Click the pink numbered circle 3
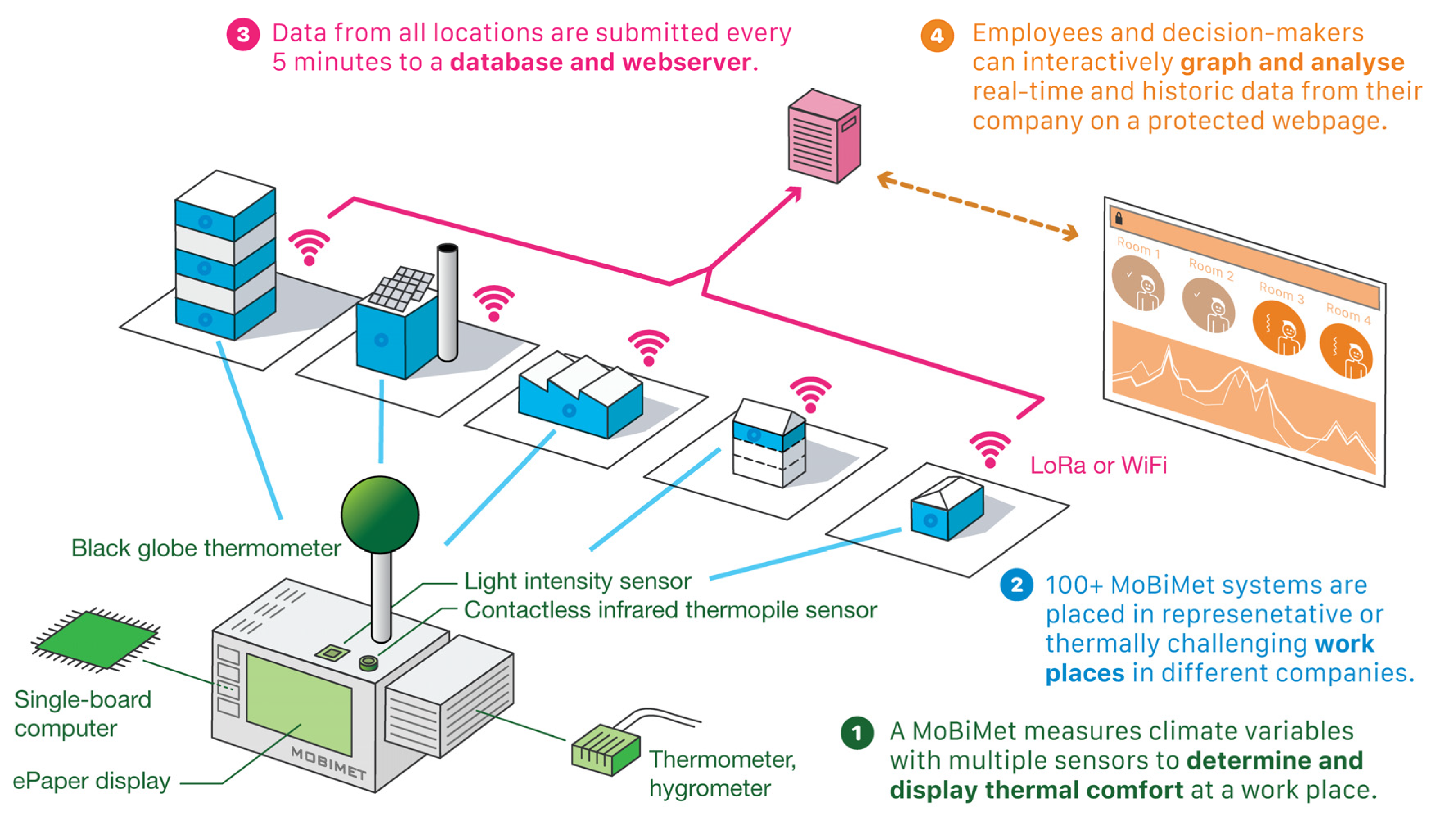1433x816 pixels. [243, 35]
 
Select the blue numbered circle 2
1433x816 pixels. [1016, 585]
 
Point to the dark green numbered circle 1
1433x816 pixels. [857, 732]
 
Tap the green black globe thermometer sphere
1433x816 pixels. [380, 514]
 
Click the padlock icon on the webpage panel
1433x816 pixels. [1119, 218]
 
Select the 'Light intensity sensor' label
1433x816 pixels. [577, 581]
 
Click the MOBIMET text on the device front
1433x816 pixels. [328, 763]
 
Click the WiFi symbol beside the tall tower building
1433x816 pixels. [309, 246]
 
